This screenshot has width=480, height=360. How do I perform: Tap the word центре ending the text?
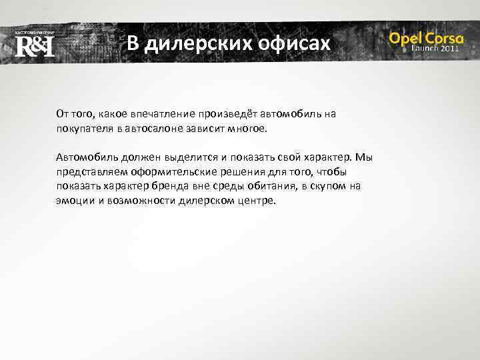pyautogui.click(x=256, y=200)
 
